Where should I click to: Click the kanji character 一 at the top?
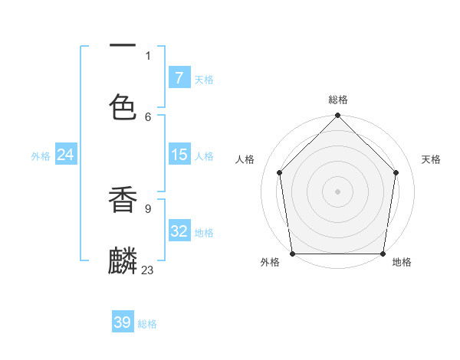pyautogui.click(x=123, y=46)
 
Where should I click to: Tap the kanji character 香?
pyautogui.click(x=123, y=200)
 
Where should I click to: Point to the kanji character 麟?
pyautogui.click(x=123, y=261)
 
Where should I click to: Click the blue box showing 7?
pyautogui.click(x=179, y=78)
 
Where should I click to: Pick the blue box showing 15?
pyautogui.click(x=179, y=155)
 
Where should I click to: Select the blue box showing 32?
pyautogui.click(x=179, y=231)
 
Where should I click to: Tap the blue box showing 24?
pyautogui.click(x=65, y=155)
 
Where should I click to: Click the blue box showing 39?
pyautogui.click(x=123, y=322)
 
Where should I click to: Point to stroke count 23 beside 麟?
pyautogui.click(x=148, y=270)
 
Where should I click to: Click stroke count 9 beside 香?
pyautogui.click(x=148, y=208)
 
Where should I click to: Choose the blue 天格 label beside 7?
pyautogui.click(x=204, y=79)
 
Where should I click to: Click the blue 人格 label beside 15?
pyautogui.click(x=204, y=155)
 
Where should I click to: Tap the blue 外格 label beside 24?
pyautogui.click(x=41, y=155)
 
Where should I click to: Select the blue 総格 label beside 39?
pyautogui.click(x=147, y=324)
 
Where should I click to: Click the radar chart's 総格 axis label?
pyautogui.click(x=338, y=100)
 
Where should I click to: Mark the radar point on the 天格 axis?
pyautogui.click(x=396, y=172)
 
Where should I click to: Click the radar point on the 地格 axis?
pyautogui.click(x=383, y=254)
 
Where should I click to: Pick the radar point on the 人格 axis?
pyautogui.click(x=280, y=172)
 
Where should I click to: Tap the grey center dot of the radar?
pyautogui.click(x=338, y=191)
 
